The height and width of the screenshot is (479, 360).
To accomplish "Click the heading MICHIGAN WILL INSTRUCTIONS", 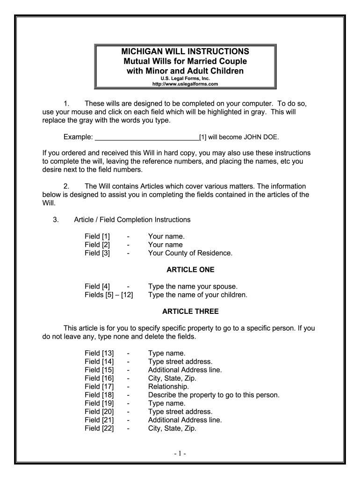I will (186, 51).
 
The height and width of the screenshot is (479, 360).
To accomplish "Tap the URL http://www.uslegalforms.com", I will (186, 84).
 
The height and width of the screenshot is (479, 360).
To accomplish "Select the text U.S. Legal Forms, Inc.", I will (186, 79).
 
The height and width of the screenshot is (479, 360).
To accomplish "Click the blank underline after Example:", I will (147, 137).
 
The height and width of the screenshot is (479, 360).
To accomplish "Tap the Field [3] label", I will (97, 253).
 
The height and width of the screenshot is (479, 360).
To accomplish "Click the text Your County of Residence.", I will (190, 253).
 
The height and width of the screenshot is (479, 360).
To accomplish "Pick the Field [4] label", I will (97, 286).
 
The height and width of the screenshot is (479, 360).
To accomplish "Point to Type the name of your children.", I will (197, 295).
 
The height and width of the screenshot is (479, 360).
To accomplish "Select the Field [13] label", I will (99, 353).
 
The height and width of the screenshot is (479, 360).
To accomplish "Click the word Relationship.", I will (168, 386).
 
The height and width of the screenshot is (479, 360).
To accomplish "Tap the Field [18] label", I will (99, 395).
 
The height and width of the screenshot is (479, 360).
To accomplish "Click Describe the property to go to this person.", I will (214, 395).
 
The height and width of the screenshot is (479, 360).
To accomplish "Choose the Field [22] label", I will (99, 428).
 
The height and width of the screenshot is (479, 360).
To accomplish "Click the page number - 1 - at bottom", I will (180, 454).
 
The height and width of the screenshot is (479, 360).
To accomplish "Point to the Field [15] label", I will (99, 370).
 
